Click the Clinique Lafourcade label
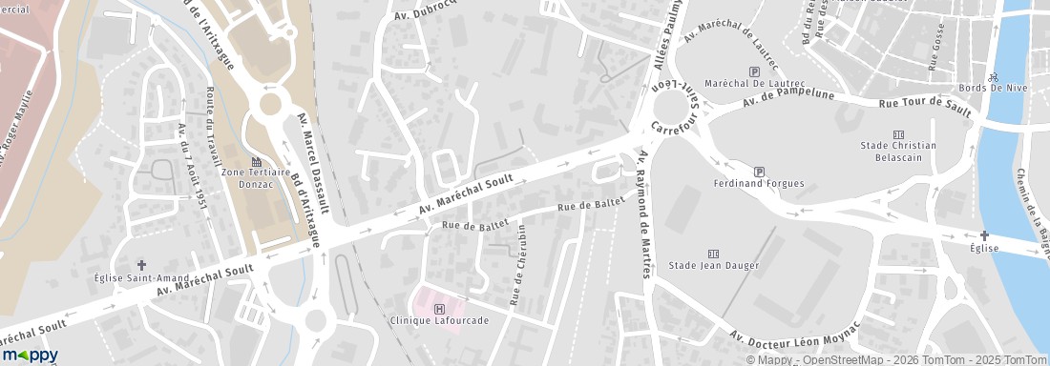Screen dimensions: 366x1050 coord(440,320)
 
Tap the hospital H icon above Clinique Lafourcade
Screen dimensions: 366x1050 coord(439,308)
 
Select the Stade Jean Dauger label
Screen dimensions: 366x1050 coord(712,265)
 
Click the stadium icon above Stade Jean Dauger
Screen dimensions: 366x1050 coord(712,253)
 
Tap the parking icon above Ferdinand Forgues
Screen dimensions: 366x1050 coord(759,171)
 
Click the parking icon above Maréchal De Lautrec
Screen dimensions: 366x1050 coord(755,71)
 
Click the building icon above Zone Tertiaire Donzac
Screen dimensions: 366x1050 coord(255,161)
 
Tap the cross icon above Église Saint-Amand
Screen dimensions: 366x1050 coord(141,265)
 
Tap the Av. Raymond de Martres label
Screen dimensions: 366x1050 coord(644,214)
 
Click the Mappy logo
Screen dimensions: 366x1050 coord(31,355)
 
